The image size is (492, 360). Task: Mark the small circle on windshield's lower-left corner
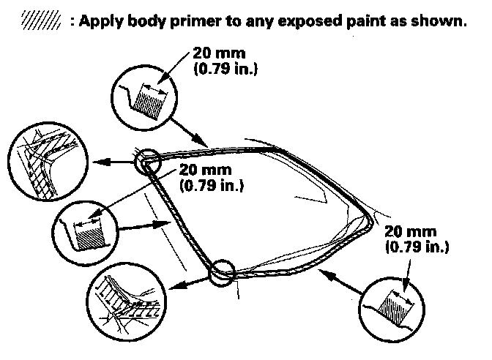tap(223, 272)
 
